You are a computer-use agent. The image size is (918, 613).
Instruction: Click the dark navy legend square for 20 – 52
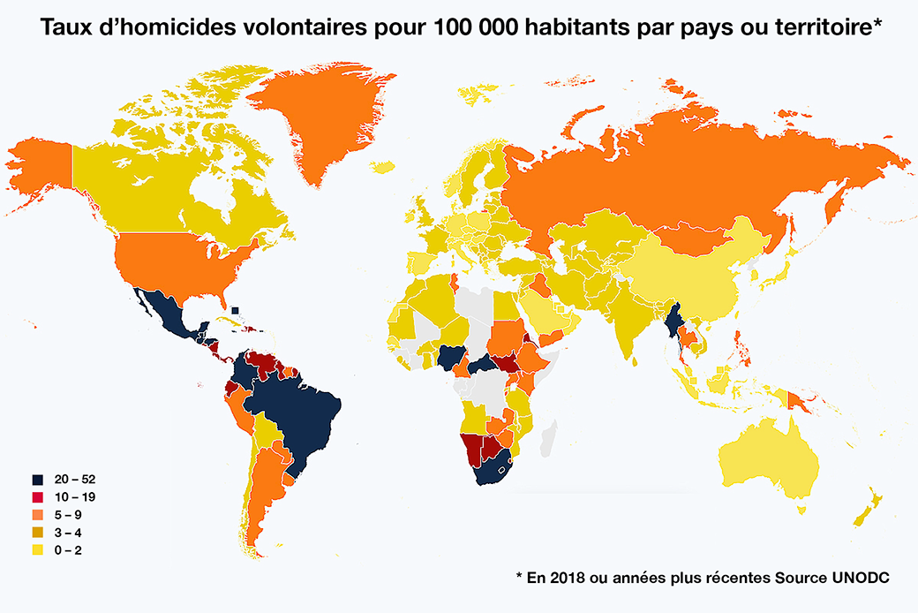coord(38,480)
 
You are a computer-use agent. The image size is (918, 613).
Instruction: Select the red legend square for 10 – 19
coord(38,497)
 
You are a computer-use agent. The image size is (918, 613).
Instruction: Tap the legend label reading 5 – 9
coord(68,515)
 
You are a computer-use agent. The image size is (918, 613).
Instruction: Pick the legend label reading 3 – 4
coord(68,533)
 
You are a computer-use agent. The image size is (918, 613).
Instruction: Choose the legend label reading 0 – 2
coord(68,550)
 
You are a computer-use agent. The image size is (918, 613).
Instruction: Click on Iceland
coord(382,166)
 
